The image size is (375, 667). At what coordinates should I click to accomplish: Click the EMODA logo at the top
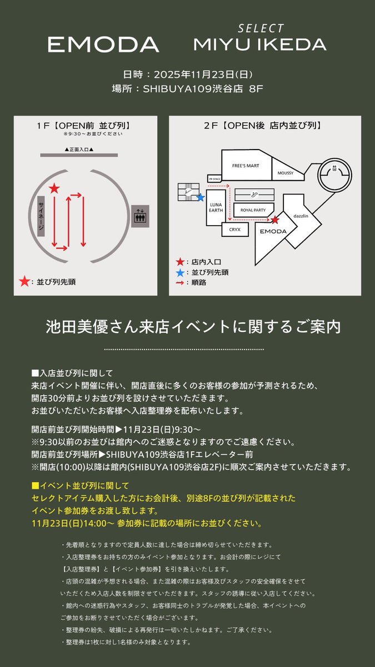103,44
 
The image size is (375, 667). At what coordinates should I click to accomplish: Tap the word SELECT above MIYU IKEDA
261,28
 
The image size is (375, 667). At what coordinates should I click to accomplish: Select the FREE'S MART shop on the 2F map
244,166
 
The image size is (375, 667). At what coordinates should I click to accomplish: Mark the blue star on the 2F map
201,197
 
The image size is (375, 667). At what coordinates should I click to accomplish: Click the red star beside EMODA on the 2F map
274,220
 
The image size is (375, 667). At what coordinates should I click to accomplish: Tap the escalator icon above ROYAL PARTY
254,195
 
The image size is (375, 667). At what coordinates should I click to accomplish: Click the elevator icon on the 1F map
140,215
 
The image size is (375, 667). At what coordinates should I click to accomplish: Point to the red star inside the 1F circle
54,189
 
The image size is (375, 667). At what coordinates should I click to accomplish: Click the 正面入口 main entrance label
79,150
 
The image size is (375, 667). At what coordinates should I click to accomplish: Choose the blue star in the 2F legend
179,272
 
